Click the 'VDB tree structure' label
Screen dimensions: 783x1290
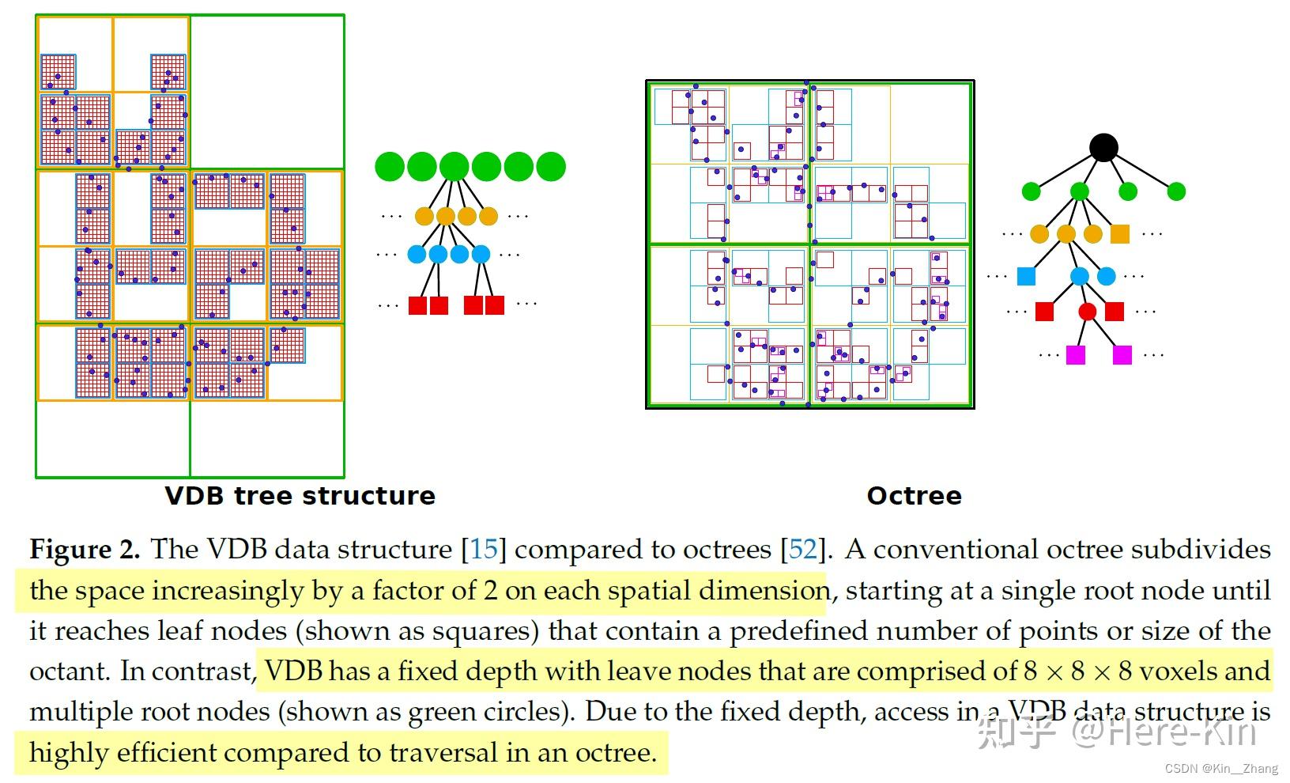300,496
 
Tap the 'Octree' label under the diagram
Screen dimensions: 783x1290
914,496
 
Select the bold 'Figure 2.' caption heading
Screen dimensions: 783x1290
85,550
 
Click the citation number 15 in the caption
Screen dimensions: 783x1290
484,550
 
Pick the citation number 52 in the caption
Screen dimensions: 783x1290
802,550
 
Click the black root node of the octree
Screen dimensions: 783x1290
1103,147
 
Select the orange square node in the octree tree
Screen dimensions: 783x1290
1120,233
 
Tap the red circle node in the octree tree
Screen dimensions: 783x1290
1088,312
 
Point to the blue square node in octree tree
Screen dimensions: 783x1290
1026,276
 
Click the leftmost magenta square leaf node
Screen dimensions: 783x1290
1076,355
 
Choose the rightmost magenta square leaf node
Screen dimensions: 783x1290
1122,355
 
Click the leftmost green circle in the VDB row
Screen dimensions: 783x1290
390,167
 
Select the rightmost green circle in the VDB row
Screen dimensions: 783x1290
551,167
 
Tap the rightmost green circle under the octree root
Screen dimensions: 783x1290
1176,191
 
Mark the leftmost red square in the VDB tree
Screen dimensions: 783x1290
417,305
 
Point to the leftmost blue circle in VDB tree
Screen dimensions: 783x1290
417,255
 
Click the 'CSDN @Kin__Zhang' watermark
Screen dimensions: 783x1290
1221,769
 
